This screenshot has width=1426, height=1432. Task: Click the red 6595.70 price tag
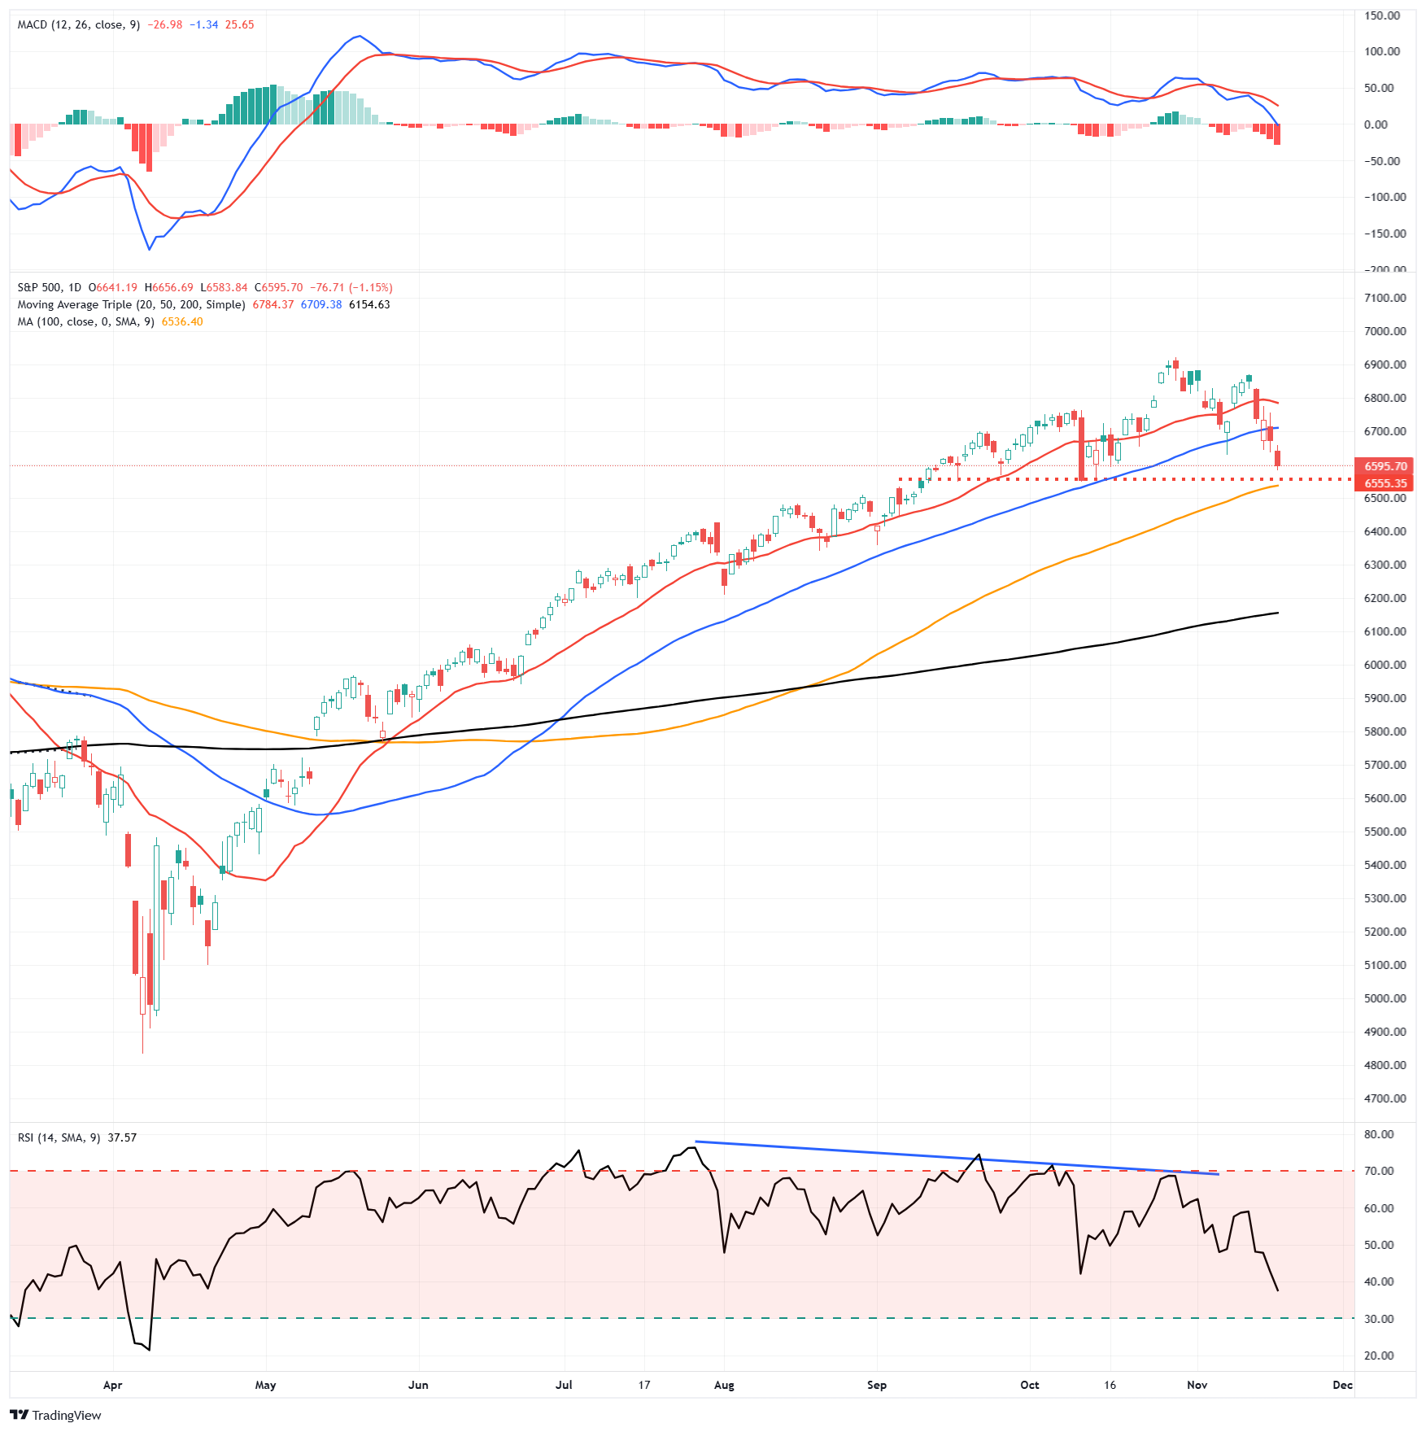(x=1385, y=466)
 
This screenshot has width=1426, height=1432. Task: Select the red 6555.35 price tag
(x=1385, y=483)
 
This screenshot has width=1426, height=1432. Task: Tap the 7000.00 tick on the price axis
(x=1385, y=331)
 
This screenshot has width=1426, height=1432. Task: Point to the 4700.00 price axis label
(x=1385, y=1098)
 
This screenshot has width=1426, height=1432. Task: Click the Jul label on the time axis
(x=564, y=1385)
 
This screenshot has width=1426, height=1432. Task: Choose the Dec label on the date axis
(x=1342, y=1385)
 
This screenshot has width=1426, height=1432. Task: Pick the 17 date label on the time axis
(x=644, y=1385)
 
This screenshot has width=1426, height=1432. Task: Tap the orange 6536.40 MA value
(x=182, y=321)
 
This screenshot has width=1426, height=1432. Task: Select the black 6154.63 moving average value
(x=369, y=304)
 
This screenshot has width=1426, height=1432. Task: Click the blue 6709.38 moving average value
(x=321, y=304)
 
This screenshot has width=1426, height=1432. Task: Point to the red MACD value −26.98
(x=165, y=24)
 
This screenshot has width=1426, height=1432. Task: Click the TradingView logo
(x=55, y=1415)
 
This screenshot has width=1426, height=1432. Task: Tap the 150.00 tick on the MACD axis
(x=1381, y=15)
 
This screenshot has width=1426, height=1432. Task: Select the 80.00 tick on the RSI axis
(x=1379, y=1134)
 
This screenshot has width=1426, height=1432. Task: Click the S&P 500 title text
(x=39, y=287)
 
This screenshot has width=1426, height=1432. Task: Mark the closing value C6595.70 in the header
(x=278, y=287)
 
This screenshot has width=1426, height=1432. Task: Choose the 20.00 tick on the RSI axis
(x=1379, y=1356)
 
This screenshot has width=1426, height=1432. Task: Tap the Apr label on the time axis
(x=112, y=1385)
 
